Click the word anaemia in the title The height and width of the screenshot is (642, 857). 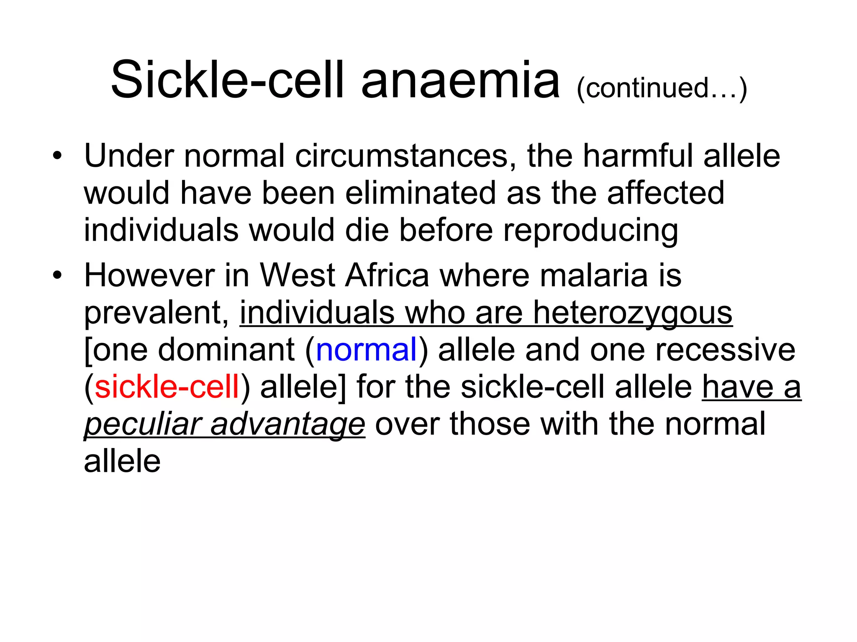(460, 80)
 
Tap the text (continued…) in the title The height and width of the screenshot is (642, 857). (662, 89)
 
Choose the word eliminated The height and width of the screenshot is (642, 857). (421, 193)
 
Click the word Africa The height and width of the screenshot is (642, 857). (387, 275)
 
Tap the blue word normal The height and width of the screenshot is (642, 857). (367, 350)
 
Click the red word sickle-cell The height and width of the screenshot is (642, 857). (167, 387)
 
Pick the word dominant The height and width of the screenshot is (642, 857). (226, 350)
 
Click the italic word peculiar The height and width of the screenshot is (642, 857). (142, 425)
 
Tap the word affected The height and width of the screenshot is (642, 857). (665, 193)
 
